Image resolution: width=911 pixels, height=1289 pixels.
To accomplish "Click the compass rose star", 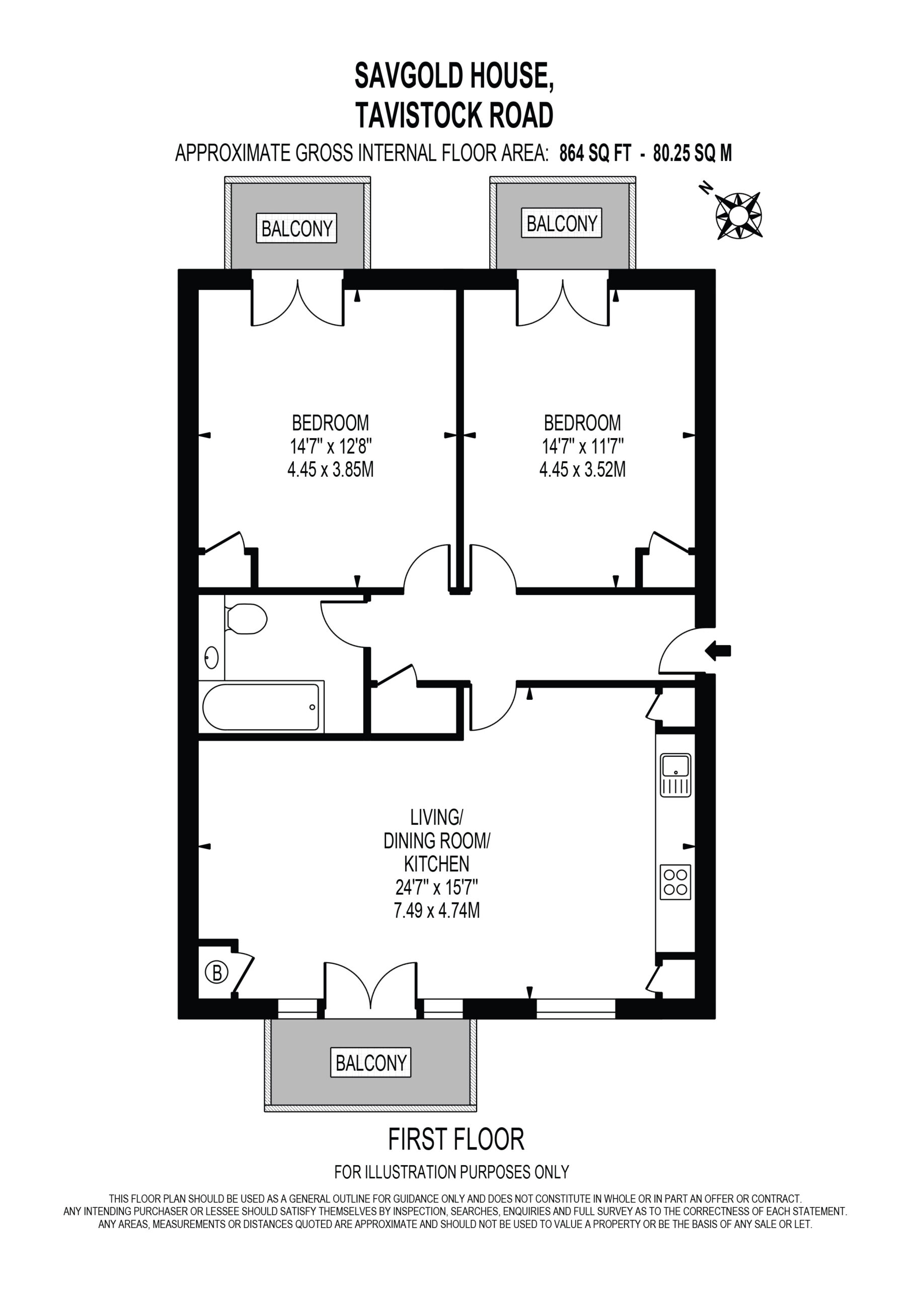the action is tap(739, 216).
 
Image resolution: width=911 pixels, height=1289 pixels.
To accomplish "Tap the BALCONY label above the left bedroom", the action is tap(297, 229).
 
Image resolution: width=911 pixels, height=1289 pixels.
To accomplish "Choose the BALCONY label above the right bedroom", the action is tap(562, 224).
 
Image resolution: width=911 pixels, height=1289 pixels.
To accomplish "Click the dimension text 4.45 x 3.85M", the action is tap(331, 469).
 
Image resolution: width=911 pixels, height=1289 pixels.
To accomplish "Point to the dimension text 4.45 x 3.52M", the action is tap(583, 469).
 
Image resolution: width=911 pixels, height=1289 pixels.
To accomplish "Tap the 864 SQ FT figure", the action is tap(595, 153).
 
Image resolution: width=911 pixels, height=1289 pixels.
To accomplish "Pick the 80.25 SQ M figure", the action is tap(693, 153).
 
